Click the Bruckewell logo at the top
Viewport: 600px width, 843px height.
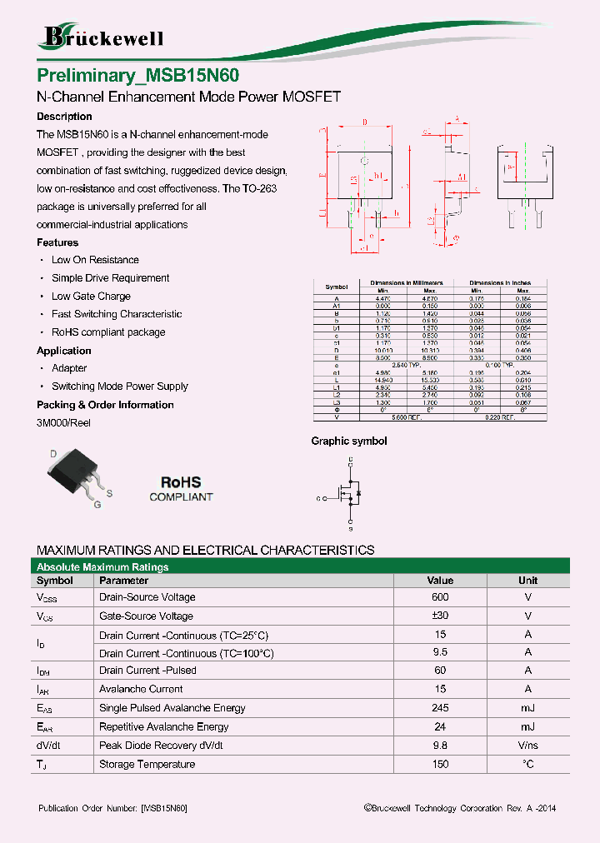tap(102, 37)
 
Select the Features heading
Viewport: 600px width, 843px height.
tap(57, 242)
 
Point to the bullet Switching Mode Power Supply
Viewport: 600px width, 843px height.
tap(119, 387)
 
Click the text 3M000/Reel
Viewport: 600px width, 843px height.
tap(64, 423)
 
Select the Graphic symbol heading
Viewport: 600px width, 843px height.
tap(349, 441)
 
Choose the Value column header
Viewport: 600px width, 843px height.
tap(440, 581)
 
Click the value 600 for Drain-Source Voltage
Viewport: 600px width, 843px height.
tap(440, 597)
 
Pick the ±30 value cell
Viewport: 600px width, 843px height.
tap(440, 616)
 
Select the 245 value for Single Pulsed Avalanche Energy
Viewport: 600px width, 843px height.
tap(440, 708)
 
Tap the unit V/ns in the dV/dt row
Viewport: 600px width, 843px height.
tap(527, 746)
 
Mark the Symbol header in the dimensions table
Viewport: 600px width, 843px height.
tap(337, 287)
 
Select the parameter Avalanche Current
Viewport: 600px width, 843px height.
tap(141, 689)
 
